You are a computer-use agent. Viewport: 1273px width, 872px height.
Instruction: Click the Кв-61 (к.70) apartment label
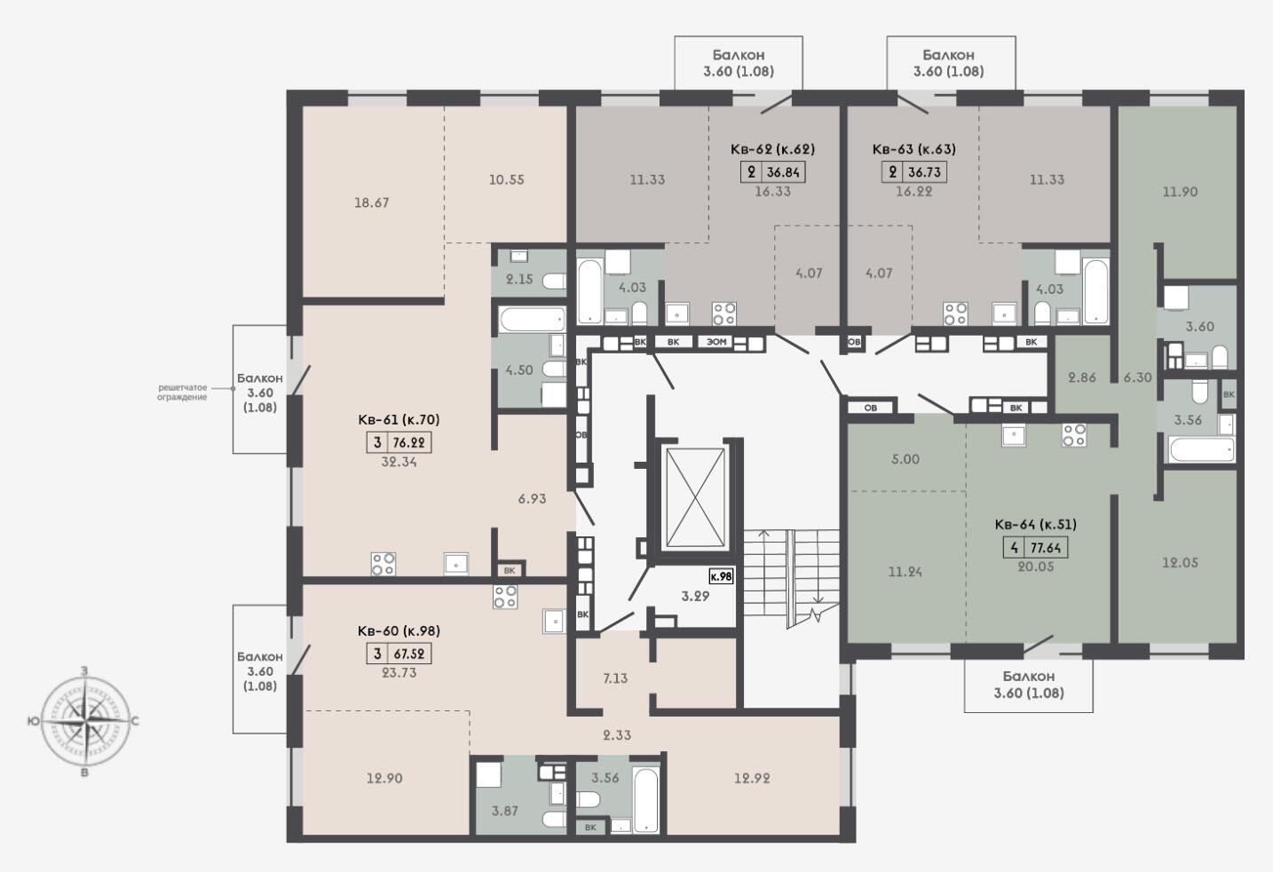(x=399, y=420)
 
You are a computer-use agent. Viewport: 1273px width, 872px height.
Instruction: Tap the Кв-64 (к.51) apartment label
(x=1035, y=525)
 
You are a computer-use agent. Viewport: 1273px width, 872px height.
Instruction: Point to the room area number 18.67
(x=372, y=202)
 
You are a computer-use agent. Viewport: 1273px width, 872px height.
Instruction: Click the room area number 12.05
(x=1180, y=562)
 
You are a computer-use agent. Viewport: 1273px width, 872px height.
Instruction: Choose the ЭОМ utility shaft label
(x=716, y=342)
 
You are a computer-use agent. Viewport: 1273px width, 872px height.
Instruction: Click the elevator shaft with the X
(x=696, y=497)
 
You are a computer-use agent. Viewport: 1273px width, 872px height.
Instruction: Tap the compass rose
(x=85, y=722)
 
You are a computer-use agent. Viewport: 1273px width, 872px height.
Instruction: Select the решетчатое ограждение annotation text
(x=182, y=392)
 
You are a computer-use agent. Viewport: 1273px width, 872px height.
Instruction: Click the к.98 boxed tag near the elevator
(x=721, y=576)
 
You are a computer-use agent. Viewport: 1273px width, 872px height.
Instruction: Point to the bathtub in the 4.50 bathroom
(x=532, y=320)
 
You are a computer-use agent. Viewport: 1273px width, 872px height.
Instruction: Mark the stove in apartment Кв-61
(x=383, y=564)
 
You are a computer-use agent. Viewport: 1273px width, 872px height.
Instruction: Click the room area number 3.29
(x=696, y=597)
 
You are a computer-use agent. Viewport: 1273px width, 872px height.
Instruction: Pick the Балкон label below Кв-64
(x=1029, y=677)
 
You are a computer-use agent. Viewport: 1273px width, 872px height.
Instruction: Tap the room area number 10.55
(x=506, y=179)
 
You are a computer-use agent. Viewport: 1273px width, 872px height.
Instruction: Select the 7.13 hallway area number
(x=615, y=678)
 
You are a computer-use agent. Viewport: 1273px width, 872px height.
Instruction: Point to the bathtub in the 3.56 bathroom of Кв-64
(x=1202, y=449)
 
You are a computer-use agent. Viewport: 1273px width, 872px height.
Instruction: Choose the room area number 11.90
(x=1180, y=192)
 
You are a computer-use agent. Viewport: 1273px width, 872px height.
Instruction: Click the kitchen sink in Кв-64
(x=1014, y=436)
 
